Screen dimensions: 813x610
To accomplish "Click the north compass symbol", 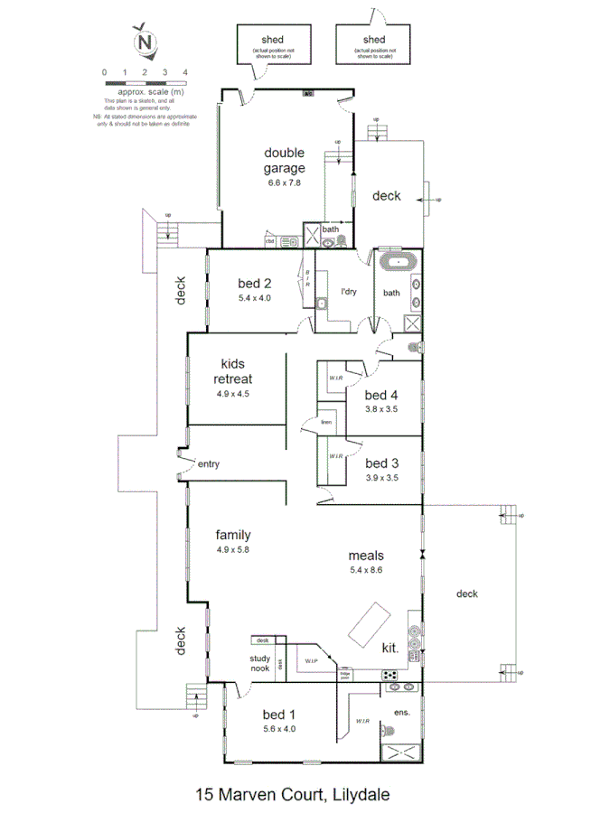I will (x=144, y=41).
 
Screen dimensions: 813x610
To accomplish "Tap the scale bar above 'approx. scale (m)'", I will (x=145, y=82).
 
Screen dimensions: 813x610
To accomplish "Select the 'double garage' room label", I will (x=284, y=160).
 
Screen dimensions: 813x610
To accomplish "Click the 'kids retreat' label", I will (x=232, y=372).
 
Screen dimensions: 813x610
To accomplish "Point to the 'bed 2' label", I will (x=255, y=282).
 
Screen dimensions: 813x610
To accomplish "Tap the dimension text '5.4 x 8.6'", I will (x=367, y=570).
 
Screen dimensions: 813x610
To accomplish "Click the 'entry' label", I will (x=209, y=464).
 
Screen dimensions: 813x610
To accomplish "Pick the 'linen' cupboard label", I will (x=326, y=422).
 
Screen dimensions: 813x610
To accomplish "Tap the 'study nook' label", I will (x=260, y=664).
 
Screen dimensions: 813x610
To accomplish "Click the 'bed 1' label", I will (x=278, y=714).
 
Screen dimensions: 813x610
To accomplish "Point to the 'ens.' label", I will (x=402, y=712).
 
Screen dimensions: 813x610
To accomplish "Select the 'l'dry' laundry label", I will (x=348, y=291).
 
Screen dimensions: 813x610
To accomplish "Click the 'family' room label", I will (x=232, y=535).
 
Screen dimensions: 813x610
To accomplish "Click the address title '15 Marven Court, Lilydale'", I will (x=293, y=795).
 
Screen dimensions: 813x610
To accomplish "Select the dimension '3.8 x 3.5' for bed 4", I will (x=380, y=408).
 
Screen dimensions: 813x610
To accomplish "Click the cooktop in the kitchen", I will (x=391, y=674).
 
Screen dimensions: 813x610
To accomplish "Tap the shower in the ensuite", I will (x=400, y=752).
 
